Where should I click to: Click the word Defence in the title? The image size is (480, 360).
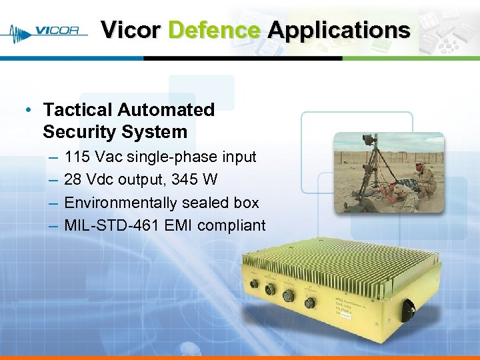click(x=214, y=30)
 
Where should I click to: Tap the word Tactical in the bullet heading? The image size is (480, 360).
click(x=75, y=109)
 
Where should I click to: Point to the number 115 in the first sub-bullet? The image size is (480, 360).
click(x=77, y=157)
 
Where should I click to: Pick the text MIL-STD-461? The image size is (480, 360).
click(x=111, y=225)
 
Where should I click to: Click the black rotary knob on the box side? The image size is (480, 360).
click(x=407, y=307)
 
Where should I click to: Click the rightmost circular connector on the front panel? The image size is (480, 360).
click(x=310, y=302)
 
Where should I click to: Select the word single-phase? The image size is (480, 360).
click(x=174, y=157)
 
